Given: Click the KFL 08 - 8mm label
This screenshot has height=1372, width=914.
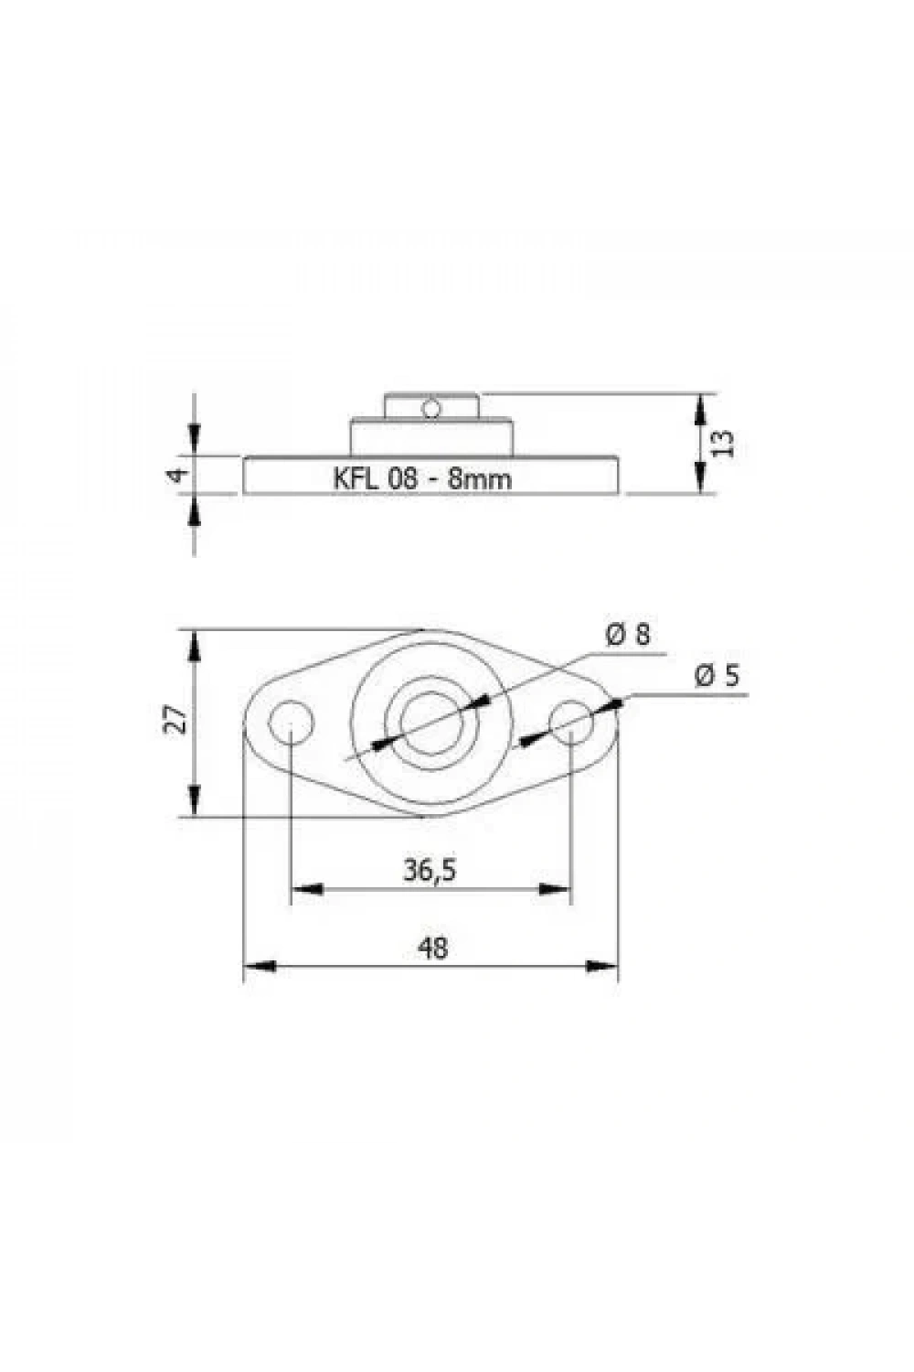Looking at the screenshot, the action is [421, 477].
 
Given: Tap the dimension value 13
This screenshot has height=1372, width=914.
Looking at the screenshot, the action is [724, 443].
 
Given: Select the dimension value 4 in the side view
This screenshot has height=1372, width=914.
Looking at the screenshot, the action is [176, 475].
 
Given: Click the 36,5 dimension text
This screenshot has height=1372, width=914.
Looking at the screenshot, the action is [430, 871].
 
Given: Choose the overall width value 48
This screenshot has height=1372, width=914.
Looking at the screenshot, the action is [432, 949].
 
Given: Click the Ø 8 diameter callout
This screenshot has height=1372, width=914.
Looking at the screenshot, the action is [628, 633].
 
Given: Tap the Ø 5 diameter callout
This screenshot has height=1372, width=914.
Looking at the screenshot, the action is [717, 676].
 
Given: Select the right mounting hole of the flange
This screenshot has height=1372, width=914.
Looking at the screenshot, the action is [571, 723].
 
